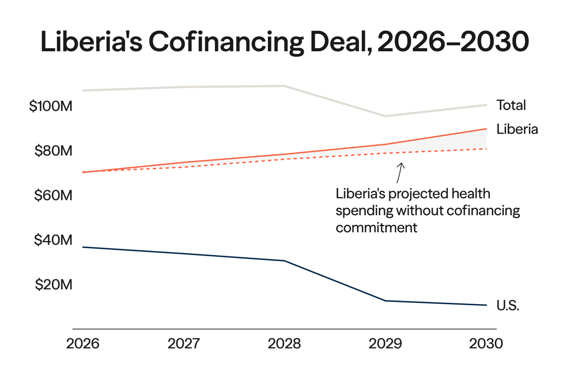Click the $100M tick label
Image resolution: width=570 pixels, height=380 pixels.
coord(50,107)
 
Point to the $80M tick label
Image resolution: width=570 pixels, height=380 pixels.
coord(53,151)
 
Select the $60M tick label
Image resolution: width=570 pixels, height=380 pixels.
coord(53,196)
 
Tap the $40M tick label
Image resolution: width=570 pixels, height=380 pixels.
coord(53,241)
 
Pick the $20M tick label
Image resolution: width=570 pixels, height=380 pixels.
coord(53,285)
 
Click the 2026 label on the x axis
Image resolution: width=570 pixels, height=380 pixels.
coord(83,344)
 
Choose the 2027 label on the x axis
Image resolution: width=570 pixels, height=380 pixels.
coord(184,344)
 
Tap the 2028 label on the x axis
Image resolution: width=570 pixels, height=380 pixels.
coord(285,344)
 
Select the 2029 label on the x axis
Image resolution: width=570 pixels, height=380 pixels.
coord(385,344)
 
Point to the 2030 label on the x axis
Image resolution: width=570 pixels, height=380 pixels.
coord(486,344)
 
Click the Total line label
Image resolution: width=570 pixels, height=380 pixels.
coord(511,105)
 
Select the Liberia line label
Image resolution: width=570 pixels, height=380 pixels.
coord(517,129)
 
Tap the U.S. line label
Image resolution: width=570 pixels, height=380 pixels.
coord(508,305)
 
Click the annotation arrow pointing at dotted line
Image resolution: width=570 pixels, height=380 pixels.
coord(400,173)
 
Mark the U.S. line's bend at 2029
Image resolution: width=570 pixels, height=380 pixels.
coord(385,301)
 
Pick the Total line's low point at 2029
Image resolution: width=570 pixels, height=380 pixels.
coord(385,116)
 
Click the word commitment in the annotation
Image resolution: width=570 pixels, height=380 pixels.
coord(377,228)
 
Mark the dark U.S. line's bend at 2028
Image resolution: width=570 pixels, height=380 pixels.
coord(285,261)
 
